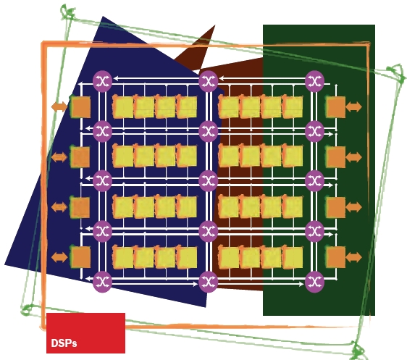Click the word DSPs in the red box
pos(64,343)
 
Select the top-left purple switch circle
pos(103,81)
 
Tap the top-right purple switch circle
pos(314,81)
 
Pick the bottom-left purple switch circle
pos(103,282)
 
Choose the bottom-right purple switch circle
pos(314,282)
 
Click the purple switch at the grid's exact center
pos(209,181)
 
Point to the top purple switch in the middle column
pos(209,81)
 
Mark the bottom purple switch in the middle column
pos(209,282)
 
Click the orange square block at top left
pos(80,106)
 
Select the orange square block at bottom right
pos(335,257)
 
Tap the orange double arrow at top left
pos(59,106)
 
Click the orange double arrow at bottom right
pos(354,257)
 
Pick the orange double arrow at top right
pos(354,106)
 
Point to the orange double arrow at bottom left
pos(59,257)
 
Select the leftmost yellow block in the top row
pos(123,107)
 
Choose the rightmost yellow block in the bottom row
pos(293,257)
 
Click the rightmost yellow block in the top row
pos(293,107)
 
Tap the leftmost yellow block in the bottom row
pos(123,257)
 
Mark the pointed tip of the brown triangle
pos(215,25)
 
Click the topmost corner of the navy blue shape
pos(104,17)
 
